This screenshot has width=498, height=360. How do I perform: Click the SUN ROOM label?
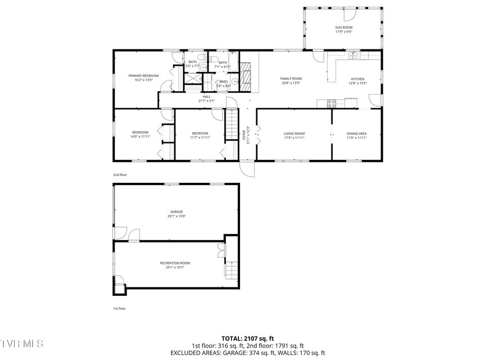(343, 27)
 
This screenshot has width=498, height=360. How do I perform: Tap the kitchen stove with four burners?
(332, 103)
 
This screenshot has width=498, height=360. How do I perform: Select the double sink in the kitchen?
(354, 56)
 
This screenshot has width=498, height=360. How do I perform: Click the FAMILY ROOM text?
(291, 79)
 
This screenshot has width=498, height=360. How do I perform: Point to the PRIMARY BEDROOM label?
(143, 75)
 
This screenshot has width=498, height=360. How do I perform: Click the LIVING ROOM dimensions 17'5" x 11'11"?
(294, 137)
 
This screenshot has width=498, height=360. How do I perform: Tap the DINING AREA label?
(356, 133)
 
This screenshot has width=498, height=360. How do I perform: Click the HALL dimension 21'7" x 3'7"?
(206, 101)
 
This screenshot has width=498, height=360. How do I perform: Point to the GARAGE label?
(176, 211)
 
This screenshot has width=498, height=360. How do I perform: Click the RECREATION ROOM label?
(175, 263)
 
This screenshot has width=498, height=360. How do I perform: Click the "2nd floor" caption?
(120, 175)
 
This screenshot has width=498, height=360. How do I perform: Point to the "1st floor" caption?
(119, 308)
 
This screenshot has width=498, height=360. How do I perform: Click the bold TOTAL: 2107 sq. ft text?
(248, 339)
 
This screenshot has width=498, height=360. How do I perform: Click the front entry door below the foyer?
(247, 167)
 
